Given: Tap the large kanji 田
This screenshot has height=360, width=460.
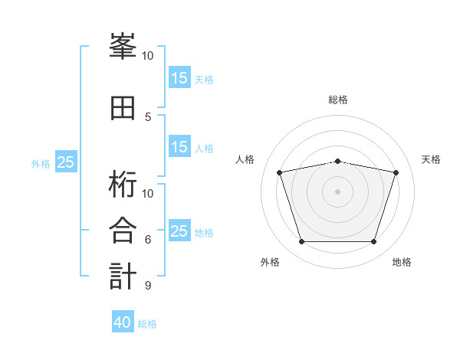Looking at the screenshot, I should coord(123,108).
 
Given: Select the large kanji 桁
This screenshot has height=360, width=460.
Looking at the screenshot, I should coord(123,184).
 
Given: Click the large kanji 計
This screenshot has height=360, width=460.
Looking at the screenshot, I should coord(123,276).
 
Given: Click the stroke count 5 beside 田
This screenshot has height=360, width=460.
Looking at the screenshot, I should coord(148,117).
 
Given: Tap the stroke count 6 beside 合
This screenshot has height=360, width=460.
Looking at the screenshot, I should coord(148,240).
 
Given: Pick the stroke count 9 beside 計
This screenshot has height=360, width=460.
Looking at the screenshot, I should coord(148,286).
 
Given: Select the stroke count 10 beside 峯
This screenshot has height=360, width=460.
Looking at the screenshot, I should coord(147,56).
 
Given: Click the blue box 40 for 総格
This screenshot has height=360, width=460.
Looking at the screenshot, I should coord(123,322).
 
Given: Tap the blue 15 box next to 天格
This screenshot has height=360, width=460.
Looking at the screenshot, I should coord(179,78).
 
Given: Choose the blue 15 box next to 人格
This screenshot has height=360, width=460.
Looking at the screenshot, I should coord(179,147).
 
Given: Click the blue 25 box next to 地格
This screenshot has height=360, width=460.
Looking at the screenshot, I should coord(179,231).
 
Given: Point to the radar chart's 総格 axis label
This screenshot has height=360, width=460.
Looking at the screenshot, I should coord(337,100).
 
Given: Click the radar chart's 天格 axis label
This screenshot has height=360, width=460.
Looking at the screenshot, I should coord(432,159).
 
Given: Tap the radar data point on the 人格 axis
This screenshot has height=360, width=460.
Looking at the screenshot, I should coord(280,172).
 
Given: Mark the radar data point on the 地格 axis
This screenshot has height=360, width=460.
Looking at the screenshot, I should coord(373,242).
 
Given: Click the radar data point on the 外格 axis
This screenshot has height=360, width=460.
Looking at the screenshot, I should coord(301,242).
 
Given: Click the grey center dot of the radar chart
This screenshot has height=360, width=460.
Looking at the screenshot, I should coord(337,191).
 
